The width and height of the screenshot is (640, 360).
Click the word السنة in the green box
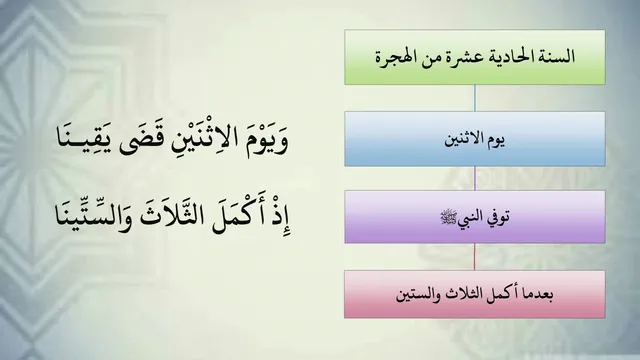[x=556, y=56]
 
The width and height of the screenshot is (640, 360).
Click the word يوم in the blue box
[x=496, y=140]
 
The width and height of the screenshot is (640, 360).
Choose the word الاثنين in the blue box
[x=463, y=140]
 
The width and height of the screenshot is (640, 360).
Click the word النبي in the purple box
[x=467, y=218]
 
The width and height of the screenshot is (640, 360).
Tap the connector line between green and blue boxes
[x=475, y=98]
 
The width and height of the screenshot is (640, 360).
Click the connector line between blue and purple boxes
[x=475, y=178]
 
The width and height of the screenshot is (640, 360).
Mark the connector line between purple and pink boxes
[x=474, y=256]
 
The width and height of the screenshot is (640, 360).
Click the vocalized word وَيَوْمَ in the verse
[x=268, y=141]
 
